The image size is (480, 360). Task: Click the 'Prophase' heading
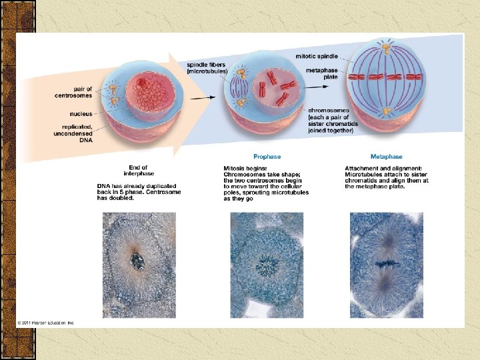pyautogui.click(x=267, y=157)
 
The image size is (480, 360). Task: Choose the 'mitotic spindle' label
pyautogui.click(x=317, y=57)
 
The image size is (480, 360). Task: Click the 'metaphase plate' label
pyautogui.click(x=322, y=73)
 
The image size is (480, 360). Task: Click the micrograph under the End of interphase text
pyautogui.click(x=139, y=265)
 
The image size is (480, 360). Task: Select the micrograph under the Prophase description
pyautogui.click(x=267, y=265)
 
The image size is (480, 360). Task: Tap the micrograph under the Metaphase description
pyautogui.click(x=387, y=265)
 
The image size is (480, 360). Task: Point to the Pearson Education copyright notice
pyautogui.click(x=46, y=323)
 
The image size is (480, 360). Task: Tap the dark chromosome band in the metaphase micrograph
pyautogui.click(x=386, y=264)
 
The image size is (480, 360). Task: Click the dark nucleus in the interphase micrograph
pyautogui.click(x=137, y=261)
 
